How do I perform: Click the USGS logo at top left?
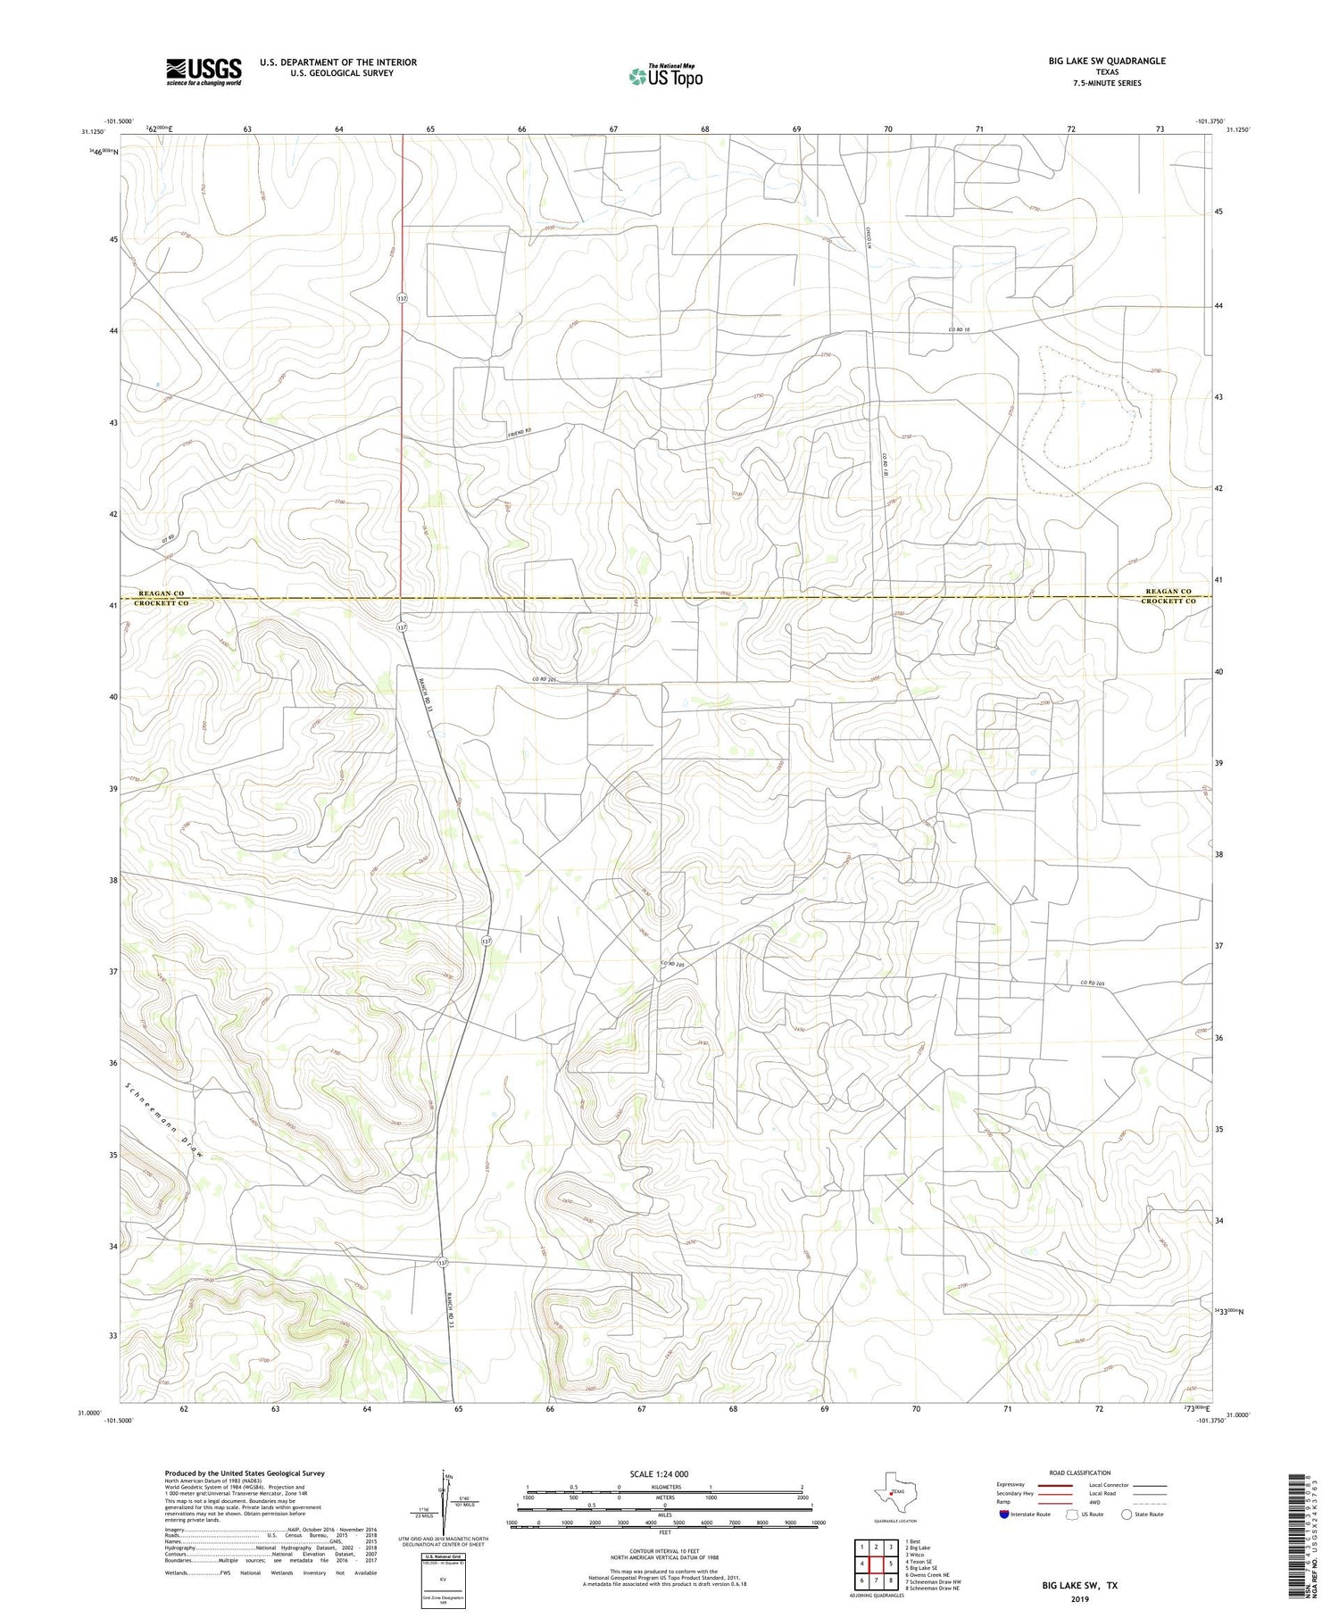203,71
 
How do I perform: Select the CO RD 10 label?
959,330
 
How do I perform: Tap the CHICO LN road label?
867,240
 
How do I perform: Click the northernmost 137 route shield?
403,297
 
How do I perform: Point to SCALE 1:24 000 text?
659,1473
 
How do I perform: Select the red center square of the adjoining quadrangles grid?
877,1563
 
